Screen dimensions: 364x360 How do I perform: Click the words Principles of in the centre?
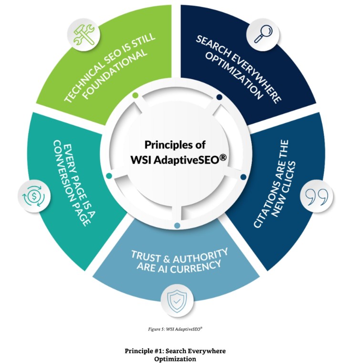coord(171,145)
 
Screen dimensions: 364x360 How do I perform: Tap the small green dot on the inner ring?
coord(136,95)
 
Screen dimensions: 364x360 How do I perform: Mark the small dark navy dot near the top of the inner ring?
coord(219,97)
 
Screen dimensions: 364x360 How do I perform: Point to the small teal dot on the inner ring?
coord(109,177)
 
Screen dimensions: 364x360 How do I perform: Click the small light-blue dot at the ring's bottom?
coord(177,225)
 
